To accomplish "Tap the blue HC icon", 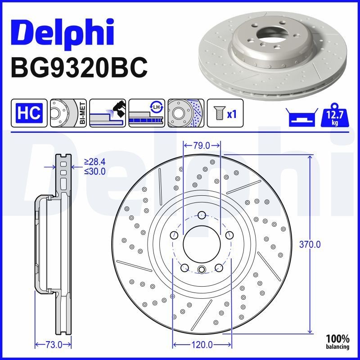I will point(29,112).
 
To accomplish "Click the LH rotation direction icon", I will point(146,112).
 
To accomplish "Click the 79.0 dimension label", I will point(201,146).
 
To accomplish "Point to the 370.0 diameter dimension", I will point(310,244).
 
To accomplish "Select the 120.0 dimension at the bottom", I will point(201,345).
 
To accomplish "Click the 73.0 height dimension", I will point(53,345).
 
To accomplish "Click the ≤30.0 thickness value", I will point(94,171).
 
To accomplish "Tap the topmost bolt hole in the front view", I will point(201,215).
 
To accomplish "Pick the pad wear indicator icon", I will point(107,112).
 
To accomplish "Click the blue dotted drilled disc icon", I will point(186,112).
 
